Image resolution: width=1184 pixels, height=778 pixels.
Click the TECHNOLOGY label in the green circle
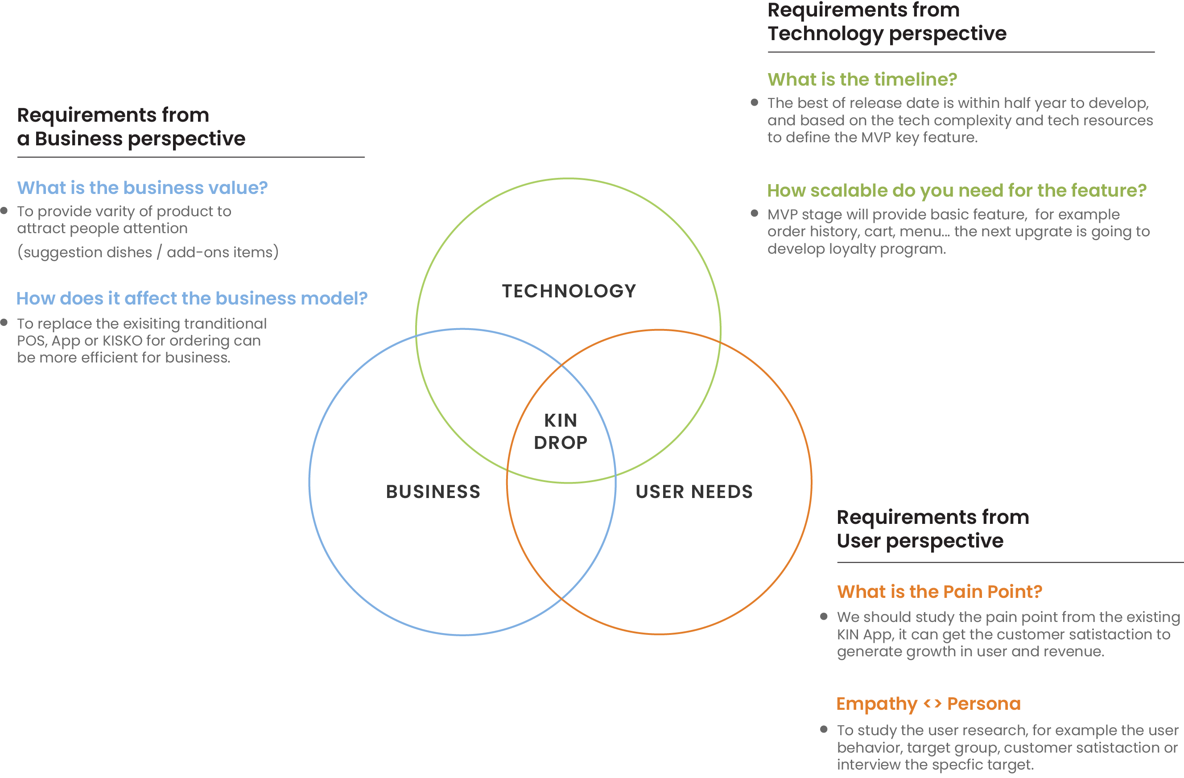569,291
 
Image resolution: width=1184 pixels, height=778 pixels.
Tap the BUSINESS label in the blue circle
433,491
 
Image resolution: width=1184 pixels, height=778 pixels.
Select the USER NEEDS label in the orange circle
694,491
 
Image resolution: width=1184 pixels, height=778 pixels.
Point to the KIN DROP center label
561,431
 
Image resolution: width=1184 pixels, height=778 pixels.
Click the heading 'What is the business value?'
142,188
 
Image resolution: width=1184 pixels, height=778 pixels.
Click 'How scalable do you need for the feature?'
956,190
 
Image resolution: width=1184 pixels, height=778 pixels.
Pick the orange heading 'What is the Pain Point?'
939,592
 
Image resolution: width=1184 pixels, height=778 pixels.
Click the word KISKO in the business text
122,341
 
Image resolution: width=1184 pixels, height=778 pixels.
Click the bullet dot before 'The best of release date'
754,103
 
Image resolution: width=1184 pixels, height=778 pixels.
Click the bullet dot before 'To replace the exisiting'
4,322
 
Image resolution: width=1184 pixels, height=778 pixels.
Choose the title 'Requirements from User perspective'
932,529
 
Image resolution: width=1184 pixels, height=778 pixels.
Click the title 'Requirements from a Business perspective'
131,127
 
